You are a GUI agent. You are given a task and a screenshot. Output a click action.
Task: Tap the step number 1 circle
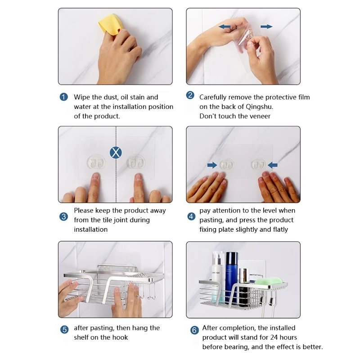(x=63, y=97)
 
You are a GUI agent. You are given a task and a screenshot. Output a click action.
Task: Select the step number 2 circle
(x=190, y=95)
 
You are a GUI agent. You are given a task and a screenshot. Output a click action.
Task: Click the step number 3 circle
(x=63, y=216)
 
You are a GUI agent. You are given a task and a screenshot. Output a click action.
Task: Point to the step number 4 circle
(x=191, y=216)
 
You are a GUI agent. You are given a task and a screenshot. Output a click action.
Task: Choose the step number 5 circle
(x=64, y=330)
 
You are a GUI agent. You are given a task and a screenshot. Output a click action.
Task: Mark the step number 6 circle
(x=194, y=330)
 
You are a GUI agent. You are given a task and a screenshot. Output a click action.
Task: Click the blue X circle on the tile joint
(x=116, y=153)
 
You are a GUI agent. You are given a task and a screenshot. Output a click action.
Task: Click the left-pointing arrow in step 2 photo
(x=225, y=27)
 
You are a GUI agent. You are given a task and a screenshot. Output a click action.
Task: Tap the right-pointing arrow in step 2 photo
(x=266, y=27)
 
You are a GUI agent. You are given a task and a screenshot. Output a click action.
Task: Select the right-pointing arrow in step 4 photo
(x=212, y=165)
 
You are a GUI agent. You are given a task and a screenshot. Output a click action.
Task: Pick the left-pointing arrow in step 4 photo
(x=273, y=165)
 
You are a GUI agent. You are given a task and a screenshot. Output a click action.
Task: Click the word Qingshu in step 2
(x=259, y=107)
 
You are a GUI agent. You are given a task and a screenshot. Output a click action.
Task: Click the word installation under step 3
(x=91, y=229)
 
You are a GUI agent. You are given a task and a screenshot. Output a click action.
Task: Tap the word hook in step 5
(x=120, y=337)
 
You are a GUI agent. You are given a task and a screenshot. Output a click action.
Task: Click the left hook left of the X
(x=96, y=162)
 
